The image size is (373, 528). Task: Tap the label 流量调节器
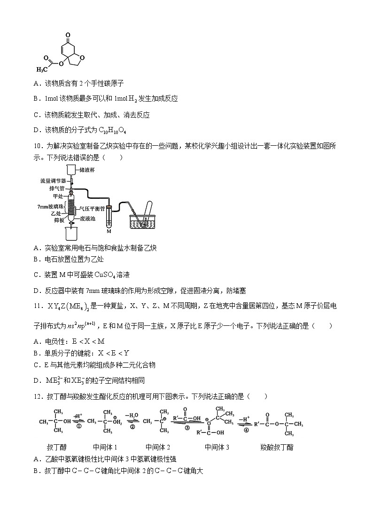click(x=52, y=181)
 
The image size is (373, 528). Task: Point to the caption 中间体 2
click(x=157, y=447)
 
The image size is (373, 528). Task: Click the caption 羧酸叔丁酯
click(x=276, y=447)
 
